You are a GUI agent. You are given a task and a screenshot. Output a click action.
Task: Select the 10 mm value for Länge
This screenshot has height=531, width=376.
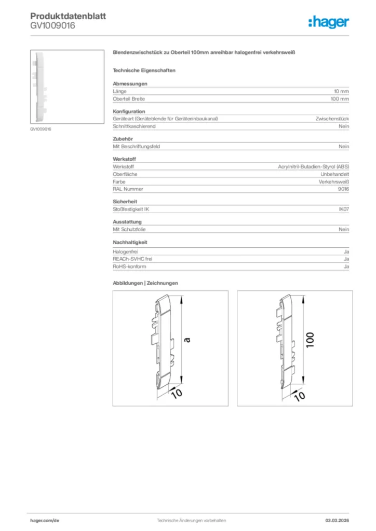[x=341, y=91]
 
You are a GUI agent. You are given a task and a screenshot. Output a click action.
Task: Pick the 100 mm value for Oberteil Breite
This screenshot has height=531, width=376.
[x=340, y=99]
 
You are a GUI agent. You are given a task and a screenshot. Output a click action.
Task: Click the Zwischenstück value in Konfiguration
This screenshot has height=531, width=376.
[x=332, y=119]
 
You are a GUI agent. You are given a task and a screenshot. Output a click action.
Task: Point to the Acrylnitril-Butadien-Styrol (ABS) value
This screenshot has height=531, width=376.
[x=314, y=167]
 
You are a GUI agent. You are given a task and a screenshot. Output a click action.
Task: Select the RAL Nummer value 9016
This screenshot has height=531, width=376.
[x=343, y=189]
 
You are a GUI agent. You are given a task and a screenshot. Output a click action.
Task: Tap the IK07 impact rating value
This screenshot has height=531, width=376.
[x=343, y=209]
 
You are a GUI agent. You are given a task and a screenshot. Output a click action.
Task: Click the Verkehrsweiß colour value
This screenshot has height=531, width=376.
[x=333, y=181]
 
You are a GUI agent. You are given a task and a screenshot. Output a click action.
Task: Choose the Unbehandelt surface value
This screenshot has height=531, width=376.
[x=334, y=174]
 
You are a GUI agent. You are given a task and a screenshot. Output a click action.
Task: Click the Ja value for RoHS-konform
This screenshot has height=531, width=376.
[x=346, y=267]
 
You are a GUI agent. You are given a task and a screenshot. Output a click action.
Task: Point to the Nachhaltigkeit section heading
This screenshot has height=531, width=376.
[x=130, y=242]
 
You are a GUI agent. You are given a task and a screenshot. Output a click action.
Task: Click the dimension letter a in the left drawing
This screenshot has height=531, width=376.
[x=188, y=340]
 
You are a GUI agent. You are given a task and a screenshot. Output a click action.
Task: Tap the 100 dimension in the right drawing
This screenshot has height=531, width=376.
[x=311, y=340]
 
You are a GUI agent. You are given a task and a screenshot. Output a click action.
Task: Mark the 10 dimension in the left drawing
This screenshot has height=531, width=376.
[x=177, y=393]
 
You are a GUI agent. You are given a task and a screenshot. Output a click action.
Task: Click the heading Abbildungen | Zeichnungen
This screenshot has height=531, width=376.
[x=145, y=283]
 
